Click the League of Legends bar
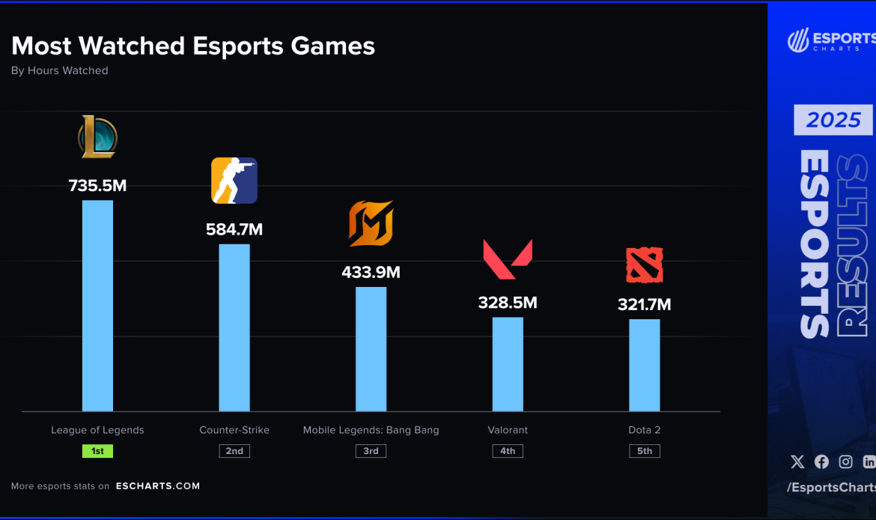point(97,306)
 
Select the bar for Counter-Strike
point(234,327)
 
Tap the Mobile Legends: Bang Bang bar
point(371,349)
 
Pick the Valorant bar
point(508,364)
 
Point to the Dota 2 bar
point(644,365)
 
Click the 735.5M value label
point(97,186)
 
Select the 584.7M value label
point(234,229)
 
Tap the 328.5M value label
point(508,303)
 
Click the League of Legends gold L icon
point(97,137)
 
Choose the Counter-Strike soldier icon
point(234,181)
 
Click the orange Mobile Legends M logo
point(371,223)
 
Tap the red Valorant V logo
point(508,259)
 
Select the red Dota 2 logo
point(644,265)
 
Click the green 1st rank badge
point(97,451)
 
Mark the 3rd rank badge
point(371,451)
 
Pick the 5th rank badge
point(644,451)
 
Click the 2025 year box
point(833,120)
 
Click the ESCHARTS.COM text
point(158,486)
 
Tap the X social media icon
point(797,462)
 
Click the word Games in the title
point(333,46)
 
